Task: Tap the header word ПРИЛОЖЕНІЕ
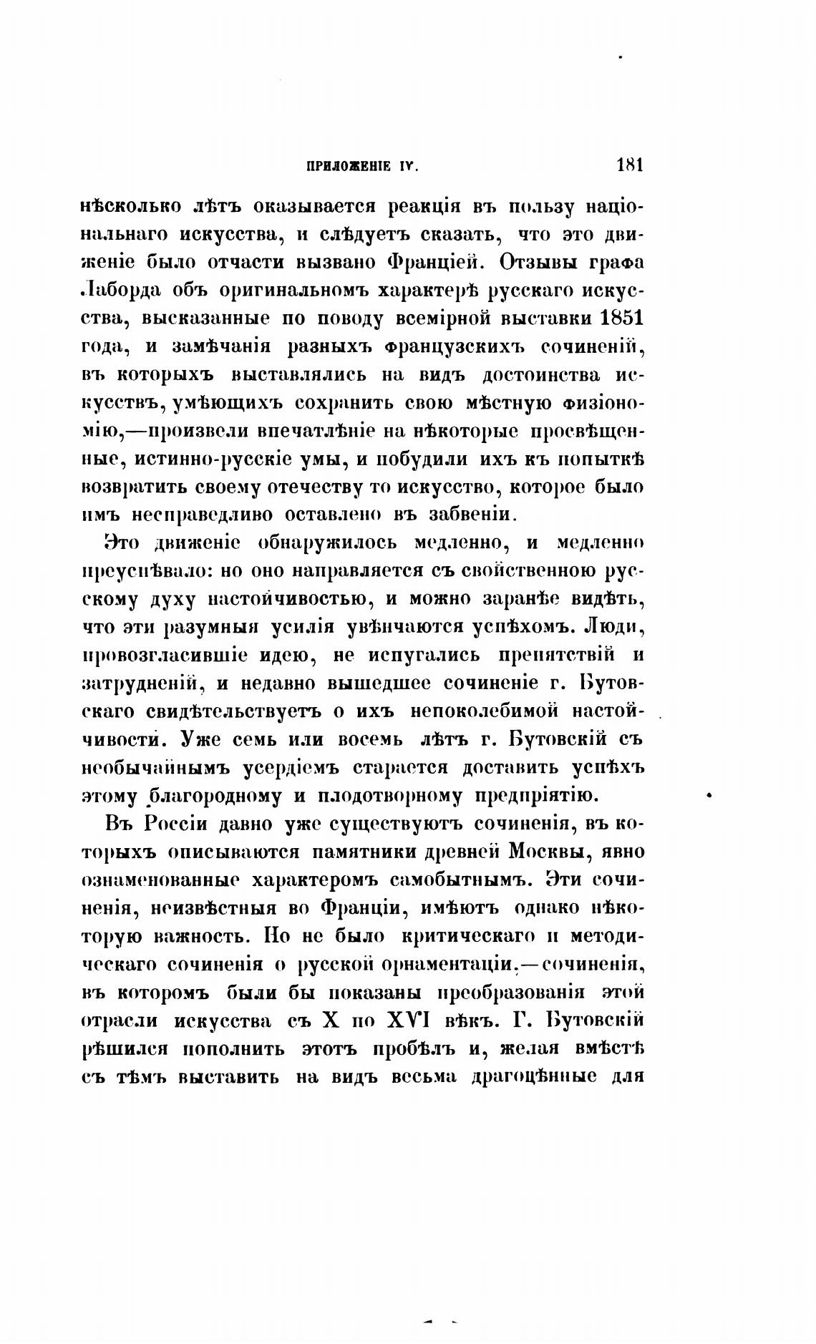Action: (349, 167)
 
